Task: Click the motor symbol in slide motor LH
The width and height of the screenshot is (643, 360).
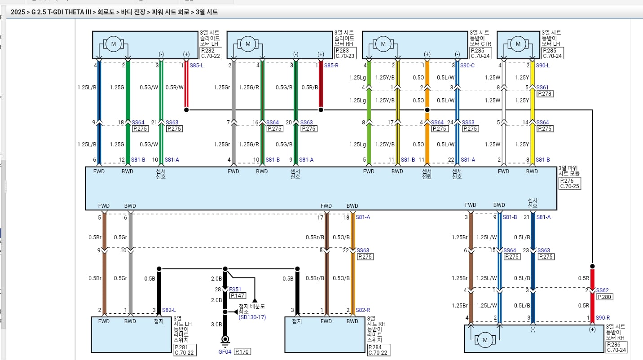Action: (114, 44)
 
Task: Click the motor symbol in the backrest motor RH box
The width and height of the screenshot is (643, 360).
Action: (485, 340)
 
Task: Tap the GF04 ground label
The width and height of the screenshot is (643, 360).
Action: (225, 351)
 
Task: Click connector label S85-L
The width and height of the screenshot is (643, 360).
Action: (196, 66)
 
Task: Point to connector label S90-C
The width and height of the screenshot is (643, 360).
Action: (467, 66)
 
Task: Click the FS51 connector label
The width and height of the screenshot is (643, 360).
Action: (235, 290)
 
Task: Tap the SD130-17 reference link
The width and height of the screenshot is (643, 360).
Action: (252, 317)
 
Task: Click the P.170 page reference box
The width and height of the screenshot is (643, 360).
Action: (242, 351)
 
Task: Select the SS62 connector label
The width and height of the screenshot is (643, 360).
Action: (602, 290)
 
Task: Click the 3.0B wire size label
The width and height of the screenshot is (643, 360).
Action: (216, 325)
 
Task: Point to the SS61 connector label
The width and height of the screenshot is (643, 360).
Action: (542, 88)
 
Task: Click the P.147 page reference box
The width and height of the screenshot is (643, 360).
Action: (238, 296)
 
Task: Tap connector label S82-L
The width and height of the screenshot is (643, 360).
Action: (169, 310)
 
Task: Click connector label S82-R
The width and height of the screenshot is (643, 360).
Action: (363, 310)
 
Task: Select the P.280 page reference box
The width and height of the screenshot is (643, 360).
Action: (604, 297)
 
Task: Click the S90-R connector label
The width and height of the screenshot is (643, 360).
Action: (603, 318)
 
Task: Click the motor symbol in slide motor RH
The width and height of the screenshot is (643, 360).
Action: (248, 44)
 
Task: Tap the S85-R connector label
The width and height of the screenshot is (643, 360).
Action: (331, 66)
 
